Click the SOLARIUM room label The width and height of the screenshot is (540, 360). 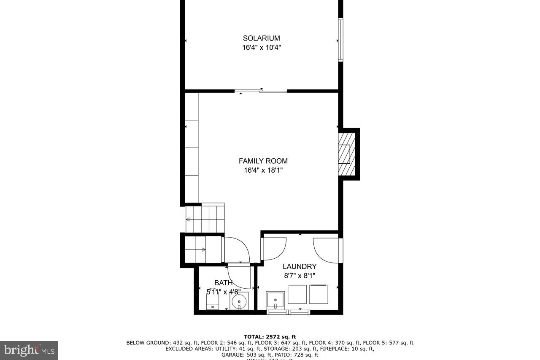[x=261, y=38]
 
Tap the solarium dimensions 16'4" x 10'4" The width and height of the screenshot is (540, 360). [x=261, y=48]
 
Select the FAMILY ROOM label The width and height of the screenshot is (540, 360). [x=263, y=161]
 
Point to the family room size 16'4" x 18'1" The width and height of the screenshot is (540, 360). [x=263, y=171]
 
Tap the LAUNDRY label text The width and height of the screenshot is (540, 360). [x=299, y=266]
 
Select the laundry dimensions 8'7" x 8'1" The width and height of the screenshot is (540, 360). [x=299, y=276]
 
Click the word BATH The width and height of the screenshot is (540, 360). [x=223, y=283]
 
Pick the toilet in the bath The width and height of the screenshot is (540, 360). [x=212, y=302]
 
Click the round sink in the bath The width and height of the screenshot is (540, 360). [x=239, y=302]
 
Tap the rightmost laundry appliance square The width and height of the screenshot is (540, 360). [x=319, y=294]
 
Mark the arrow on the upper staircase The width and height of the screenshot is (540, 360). [x=188, y=219]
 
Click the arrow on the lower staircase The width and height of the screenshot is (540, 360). [x=204, y=249]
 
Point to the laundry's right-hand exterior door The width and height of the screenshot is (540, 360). [x=327, y=250]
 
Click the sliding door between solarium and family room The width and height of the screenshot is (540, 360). [x=261, y=90]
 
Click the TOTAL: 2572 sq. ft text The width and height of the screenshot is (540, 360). [x=270, y=337]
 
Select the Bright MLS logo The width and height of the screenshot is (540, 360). [x=29, y=350]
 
